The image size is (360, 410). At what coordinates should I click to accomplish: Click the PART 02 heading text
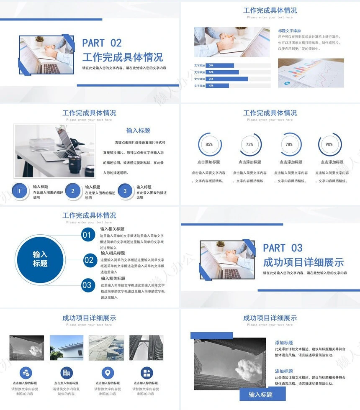[x=102, y=43]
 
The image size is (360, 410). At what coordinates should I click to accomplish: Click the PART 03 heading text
[x=283, y=248]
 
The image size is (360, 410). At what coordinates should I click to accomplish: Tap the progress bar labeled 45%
[x=217, y=86]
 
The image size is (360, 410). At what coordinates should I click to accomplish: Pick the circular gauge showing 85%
[x=209, y=144]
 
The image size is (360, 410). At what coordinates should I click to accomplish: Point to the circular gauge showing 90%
[x=329, y=144]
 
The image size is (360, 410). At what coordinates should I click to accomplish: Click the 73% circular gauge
[x=249, y=144]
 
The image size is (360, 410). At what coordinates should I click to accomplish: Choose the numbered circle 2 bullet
[x=73, y=191]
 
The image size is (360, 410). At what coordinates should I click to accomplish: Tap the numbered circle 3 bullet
[x=125, y=191]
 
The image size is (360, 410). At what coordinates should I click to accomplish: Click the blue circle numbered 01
[x=87, y=235]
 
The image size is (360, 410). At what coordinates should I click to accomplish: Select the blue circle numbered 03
[x=87, y=285]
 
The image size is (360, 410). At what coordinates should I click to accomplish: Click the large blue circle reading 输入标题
[x=40, y=259]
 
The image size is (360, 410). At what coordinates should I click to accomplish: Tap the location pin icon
[x=108, y=373]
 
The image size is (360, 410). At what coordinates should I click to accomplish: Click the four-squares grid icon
[x=147, y=373]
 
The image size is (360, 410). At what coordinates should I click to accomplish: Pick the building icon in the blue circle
[x=67, y=373]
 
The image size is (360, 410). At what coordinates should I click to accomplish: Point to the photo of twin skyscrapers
[x=146, y=348]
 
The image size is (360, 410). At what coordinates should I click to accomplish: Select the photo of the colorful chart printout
[x=311, y=73]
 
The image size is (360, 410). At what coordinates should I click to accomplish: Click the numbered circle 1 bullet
[x=19, y=191]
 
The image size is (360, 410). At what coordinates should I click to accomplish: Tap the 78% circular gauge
[x=289, y=144]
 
